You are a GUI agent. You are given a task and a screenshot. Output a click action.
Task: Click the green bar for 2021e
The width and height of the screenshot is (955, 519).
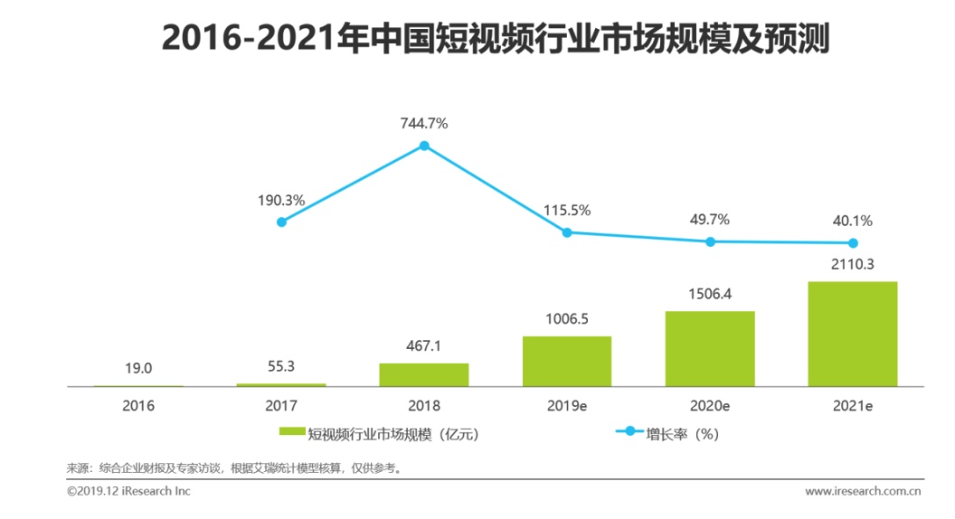click(852, 334)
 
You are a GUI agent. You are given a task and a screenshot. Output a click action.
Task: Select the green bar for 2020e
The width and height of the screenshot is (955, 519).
click(710, 349)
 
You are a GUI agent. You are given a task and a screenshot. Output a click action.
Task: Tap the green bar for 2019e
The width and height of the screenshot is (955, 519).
click(567, 362)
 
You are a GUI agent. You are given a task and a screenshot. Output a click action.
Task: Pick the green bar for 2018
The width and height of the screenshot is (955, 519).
click(424, 374)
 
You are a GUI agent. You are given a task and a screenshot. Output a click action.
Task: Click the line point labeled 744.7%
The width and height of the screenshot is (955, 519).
click(424, 146)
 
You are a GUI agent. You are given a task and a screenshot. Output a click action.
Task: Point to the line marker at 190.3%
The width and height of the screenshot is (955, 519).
click(281, 222)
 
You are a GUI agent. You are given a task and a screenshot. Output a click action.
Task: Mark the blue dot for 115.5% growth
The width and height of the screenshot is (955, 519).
click(567, 232)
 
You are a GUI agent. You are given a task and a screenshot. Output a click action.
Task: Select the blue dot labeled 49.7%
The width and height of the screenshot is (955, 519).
click(710, 241)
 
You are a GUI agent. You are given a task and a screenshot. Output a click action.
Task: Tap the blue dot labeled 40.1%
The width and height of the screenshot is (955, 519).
click(853, 243)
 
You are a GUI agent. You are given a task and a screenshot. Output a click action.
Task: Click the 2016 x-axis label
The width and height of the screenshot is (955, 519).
click(138, 406)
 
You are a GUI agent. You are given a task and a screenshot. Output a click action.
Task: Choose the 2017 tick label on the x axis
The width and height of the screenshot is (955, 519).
click(281, 406)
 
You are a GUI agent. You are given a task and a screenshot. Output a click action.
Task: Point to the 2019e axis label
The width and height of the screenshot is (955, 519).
click(567, 406)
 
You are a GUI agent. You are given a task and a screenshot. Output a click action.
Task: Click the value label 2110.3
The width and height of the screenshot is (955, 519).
click(853, 264)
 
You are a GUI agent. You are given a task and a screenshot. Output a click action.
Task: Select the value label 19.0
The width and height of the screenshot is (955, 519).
click(138, 369)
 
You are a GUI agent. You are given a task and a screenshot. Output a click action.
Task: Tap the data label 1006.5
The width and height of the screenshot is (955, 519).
click(567, 319)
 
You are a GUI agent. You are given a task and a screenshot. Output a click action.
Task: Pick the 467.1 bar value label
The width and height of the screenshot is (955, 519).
click(424, 346)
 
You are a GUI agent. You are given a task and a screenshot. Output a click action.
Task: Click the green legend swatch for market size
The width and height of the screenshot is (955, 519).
click(292, 431)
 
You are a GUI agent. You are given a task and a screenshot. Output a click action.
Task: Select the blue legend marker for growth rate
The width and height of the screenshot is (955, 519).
click(629, 431)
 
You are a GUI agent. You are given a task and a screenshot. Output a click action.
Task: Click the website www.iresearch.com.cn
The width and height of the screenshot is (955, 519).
click(863, 491)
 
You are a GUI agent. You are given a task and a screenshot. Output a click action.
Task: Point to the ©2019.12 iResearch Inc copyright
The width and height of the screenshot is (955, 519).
click(128, 491)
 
